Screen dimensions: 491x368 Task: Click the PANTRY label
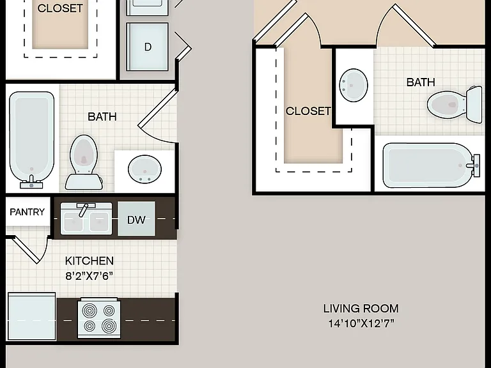(27, 212)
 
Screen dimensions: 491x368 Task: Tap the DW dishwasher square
(136, 218)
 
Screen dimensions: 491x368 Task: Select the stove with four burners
(99, 318)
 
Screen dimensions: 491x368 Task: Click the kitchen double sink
(86, 218)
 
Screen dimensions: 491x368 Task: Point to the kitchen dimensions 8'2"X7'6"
(90, 276)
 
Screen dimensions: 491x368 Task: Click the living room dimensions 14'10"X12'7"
(361, 323)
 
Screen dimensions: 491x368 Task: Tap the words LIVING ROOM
(361, 309)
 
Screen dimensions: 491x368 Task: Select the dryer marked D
(148, 47)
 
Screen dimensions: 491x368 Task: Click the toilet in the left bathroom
(84, 162)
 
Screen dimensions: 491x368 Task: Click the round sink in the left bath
(144, 169)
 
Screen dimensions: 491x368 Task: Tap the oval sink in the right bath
(354, 85)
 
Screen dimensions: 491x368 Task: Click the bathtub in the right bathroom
(431, 165)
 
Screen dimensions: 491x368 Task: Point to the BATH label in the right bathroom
(421, 82)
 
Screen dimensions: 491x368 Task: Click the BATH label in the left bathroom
(102, 117)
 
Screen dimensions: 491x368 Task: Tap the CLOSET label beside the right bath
(308, 111)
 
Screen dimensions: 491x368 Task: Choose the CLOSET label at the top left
(60, 8)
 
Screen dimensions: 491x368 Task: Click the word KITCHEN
(90, 261)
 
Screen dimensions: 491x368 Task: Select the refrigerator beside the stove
(31, 316)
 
